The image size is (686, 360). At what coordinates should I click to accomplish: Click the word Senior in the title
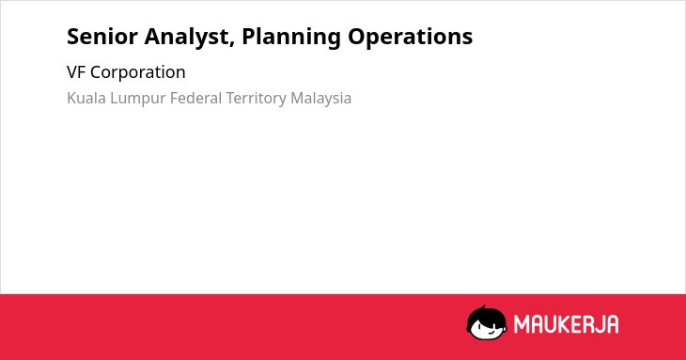(102, 37)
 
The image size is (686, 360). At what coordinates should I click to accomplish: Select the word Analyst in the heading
(186, 38)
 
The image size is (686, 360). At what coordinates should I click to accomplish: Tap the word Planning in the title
(291, 38)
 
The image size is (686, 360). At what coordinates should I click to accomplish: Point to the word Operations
(411, 38)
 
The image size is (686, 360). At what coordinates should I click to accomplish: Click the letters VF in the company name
(76, 72)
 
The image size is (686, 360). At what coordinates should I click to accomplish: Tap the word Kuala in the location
(86, 98)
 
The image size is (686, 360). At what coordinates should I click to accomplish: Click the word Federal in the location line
(196, 98)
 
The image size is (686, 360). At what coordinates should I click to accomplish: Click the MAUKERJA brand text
(566, 324)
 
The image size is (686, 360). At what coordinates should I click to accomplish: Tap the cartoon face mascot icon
(487, 323)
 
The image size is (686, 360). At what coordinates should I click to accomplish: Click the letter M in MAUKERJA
(522, 324)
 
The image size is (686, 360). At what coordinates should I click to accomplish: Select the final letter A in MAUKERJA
(612, 324)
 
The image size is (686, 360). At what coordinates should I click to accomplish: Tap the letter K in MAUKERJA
(566, 324)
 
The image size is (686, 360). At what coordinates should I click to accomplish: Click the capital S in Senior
(72, 37)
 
